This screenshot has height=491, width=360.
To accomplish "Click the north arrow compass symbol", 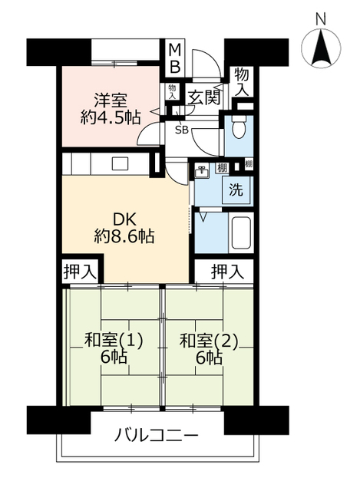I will pyautogui.click(x=321, y=51).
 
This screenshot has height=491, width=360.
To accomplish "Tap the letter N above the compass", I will pyautogui.click(x=321, y=18).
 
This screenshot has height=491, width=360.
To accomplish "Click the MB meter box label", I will pyautogui.click(x=175, y=58).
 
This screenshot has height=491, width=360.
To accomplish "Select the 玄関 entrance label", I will pyautogui.click(x=204, y=97).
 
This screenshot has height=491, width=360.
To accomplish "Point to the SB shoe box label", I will pyautogui.click(x=181, y=130).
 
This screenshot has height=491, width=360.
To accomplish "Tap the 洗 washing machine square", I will pyautogui.click(x=236, y=190).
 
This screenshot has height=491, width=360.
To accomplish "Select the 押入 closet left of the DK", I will pyautogui.click(x=81, y=270).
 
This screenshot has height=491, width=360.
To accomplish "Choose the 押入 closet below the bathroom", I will pyautogui.click(x=228, y=270).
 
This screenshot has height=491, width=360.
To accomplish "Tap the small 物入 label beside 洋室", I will pyautogui.click(x=173, y=91).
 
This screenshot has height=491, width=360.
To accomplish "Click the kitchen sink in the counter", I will pyautogui.click(x=121, y=163).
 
